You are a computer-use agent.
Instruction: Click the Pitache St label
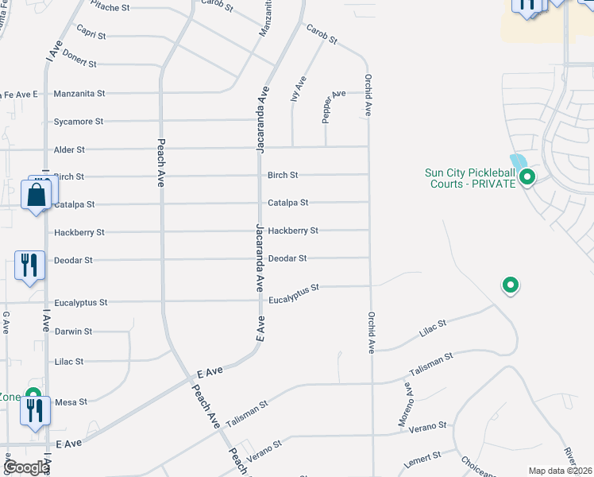coord(109,7)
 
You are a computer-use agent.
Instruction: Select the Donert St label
coord(79,63)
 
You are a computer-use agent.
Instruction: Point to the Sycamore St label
coord(79,122)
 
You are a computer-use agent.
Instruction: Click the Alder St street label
coord(69,149)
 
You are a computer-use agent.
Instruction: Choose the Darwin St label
coord(73,332)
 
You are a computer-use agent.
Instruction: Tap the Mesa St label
coord(71,402)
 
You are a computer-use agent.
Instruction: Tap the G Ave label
coord(6,321)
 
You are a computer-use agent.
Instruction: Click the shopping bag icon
coord(37,194)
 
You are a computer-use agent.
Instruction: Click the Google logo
coord(26,467)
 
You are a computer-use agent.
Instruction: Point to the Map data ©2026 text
coord(560,471)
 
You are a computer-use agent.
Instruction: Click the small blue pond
coord(519,161)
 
